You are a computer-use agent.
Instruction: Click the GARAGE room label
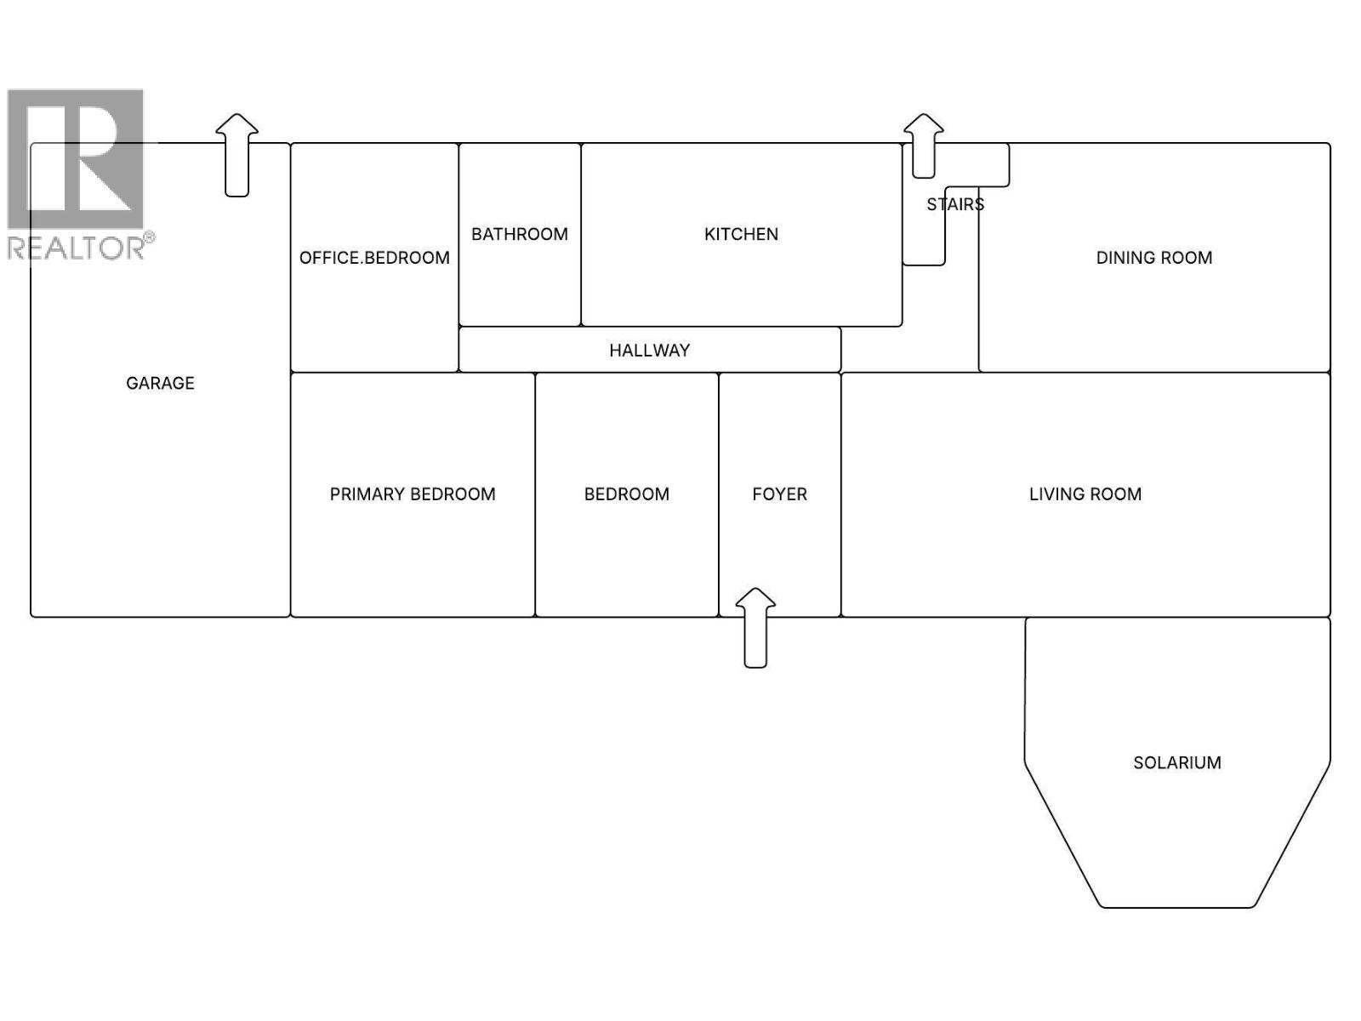pos(160,383)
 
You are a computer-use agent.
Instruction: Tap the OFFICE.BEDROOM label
pos(374,258)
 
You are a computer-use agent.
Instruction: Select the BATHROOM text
pos(520,234)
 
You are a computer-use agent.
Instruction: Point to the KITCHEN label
pos(741,234)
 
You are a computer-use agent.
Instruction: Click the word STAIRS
pos(955,204)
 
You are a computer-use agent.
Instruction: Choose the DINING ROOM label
pos(1153,258)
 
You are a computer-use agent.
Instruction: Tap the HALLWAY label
pos(649,350)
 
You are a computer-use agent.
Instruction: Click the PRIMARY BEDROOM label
pos(413,494)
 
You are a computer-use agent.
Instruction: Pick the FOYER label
pos(779,494)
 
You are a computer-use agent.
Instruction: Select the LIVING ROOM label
pos(1085,494)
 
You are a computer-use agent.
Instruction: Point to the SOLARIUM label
pos(1176,762)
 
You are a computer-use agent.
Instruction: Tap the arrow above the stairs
pos(923,145)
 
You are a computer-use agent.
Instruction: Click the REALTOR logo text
pos(77,248)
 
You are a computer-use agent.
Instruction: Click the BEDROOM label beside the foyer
pos(626,494)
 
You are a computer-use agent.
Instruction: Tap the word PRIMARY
pos(367,494)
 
